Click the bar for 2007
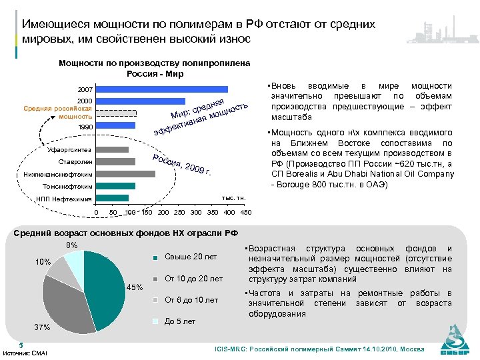162,89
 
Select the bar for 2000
140,101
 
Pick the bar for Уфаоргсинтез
112,149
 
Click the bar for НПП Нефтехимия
112,198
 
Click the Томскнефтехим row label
67,187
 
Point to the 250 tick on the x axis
180,213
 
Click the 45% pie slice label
134,287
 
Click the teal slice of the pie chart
107,287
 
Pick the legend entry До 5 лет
180,321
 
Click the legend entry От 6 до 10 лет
191,300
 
